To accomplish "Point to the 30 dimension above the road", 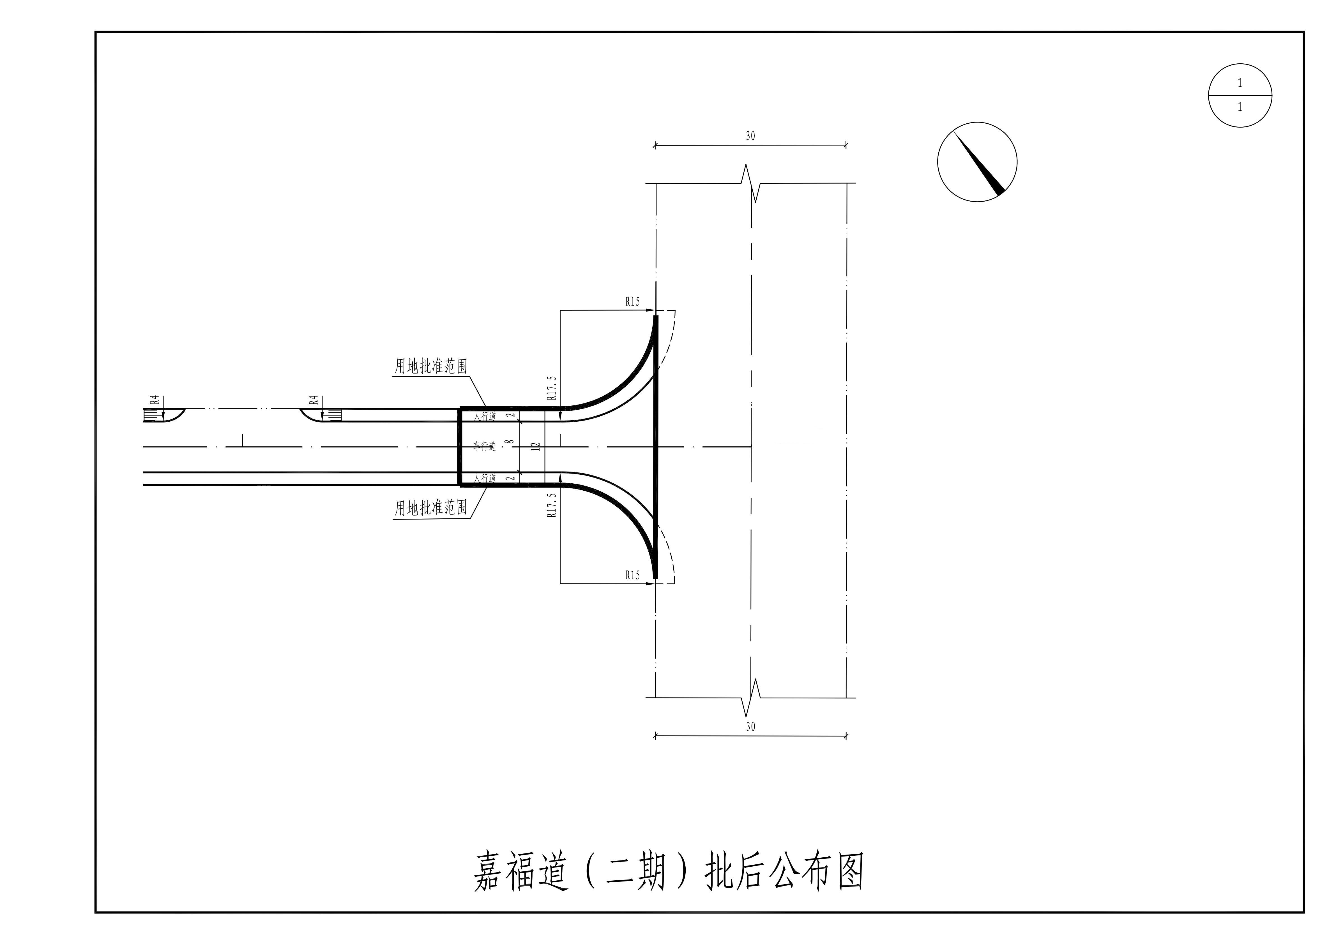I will (750, 136).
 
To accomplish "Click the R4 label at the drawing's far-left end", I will (155, 400).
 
